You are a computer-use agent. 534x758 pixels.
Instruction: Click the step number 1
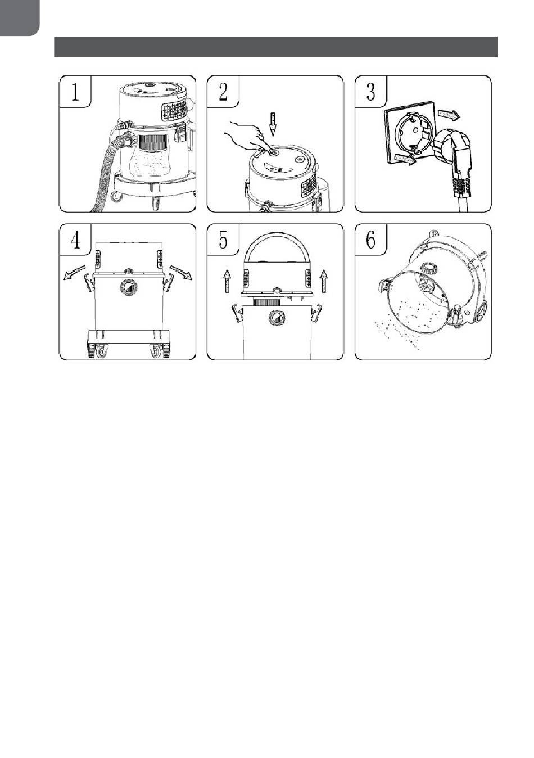[75, 91]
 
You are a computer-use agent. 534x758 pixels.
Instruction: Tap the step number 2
[223, 91]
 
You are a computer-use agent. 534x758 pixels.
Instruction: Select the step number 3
[370, 91]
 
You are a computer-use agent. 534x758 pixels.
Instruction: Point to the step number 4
[75, 240]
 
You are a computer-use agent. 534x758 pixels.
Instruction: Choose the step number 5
[223, 240]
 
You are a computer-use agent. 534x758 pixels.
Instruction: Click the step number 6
[370, 240]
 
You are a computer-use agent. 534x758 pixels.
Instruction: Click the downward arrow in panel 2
[273, 124]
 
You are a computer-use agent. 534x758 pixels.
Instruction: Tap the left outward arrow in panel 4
[74, 273]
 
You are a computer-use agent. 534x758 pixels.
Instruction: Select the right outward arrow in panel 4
[180, 272]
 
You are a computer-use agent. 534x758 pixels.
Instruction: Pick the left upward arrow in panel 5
[227, 281]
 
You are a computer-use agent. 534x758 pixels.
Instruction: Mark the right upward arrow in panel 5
[324, 281]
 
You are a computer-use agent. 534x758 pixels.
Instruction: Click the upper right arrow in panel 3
[449, 115]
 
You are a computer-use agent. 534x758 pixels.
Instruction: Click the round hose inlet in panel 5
[277, 318]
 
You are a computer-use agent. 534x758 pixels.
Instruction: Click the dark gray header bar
[276, 47]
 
